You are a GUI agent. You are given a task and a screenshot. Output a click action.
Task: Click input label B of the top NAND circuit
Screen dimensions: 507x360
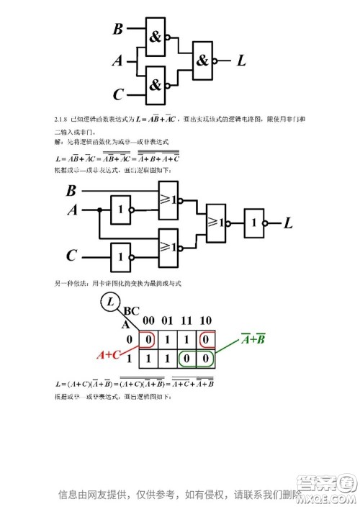point(118,30)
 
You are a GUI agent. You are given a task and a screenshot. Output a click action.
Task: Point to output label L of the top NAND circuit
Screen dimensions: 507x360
point(241,61)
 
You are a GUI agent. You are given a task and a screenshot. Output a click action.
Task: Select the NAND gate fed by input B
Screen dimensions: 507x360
point(156,37)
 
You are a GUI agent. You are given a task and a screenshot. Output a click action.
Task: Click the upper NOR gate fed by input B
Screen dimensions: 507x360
point(168,199)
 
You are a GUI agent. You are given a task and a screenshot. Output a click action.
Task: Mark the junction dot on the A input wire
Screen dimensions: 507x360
point(97,210)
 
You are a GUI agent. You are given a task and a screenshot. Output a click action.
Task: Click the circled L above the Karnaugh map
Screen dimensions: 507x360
point(111,303)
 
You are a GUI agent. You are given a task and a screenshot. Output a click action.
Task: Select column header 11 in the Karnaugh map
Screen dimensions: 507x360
point(185,321)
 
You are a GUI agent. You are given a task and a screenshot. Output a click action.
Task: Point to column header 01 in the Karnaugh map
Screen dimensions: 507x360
point(166,321)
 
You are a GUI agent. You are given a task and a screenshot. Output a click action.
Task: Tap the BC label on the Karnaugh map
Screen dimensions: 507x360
point(132,311)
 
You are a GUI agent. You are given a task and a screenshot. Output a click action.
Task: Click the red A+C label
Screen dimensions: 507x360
point(109,354)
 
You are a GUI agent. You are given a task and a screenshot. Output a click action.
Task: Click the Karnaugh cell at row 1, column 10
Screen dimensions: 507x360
point(204,357)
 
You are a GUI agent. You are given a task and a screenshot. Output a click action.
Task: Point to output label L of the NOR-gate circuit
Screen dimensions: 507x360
point(289,223)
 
